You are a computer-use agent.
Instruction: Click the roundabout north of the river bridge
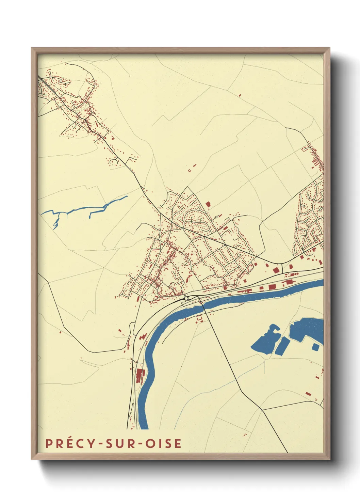tap(186, 298)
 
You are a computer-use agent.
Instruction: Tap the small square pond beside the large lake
tap(315, 347)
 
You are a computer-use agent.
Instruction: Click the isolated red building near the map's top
tap(240, 95)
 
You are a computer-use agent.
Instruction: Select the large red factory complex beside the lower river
tap(139, 375)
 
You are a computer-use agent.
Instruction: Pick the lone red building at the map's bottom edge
tap(245, 434)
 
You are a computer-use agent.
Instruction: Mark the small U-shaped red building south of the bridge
tap(199, 319)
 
